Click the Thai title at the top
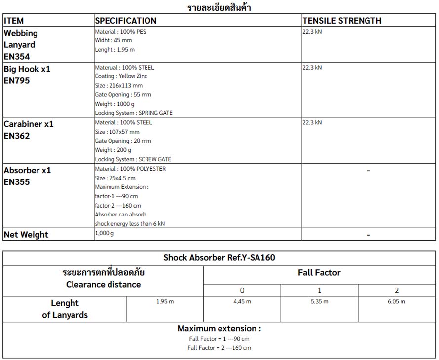click(219, 7)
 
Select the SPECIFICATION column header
click(126, 21)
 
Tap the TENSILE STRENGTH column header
click(342, 21)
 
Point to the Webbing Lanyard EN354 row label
click(21, 44)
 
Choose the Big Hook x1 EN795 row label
click(27, 74)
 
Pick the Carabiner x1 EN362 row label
click(28, 130)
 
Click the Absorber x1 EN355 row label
click(27, 176)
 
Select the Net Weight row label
click(26, 235)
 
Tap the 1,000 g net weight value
click(105, 233)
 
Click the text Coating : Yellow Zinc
click(121, 76)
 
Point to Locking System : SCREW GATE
click(133, 159)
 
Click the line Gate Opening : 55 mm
click(123, 95)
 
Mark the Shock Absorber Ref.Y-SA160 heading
click(219, 258)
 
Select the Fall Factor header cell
click(319, 273)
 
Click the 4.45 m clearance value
click(242, 301)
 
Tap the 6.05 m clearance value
click(397, 301)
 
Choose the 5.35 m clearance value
click(319, 301)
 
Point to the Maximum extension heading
click(219, 328)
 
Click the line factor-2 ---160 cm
click(118, 206)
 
